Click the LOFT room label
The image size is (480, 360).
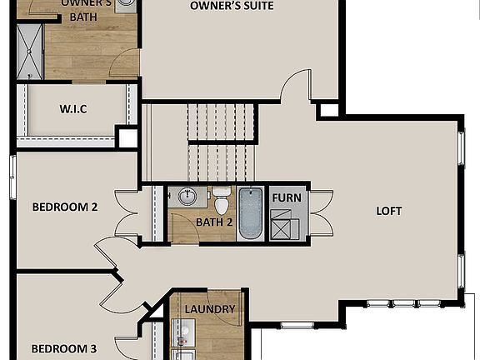pos(388,211)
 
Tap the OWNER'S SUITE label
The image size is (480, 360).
pos(232,6)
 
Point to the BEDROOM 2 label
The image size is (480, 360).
pos(64,207)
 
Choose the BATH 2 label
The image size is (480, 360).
pos(214,222)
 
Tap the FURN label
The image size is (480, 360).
pos(286,198)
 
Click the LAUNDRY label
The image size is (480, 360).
pos(209,309)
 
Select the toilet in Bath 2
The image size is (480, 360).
pos(222,202)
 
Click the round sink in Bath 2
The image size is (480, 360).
pos(187,197)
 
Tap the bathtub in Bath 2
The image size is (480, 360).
pos(251,214)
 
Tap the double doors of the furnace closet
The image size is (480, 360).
pos(318,213)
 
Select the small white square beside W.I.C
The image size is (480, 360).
pos(127,137)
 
